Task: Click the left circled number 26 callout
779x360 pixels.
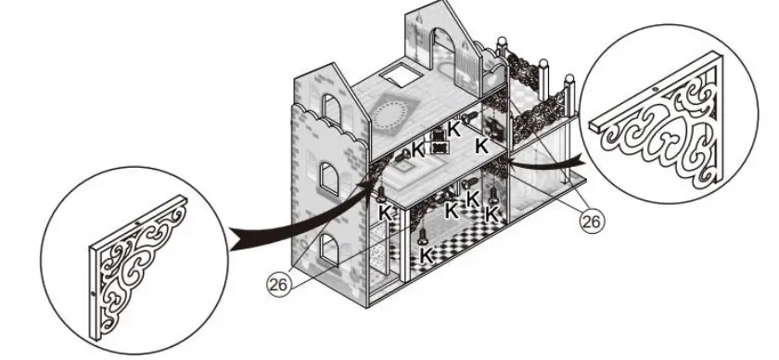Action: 277,286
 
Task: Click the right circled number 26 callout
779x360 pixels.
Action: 590,220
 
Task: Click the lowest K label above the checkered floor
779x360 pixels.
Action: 427,252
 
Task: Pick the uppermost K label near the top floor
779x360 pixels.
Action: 453,128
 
